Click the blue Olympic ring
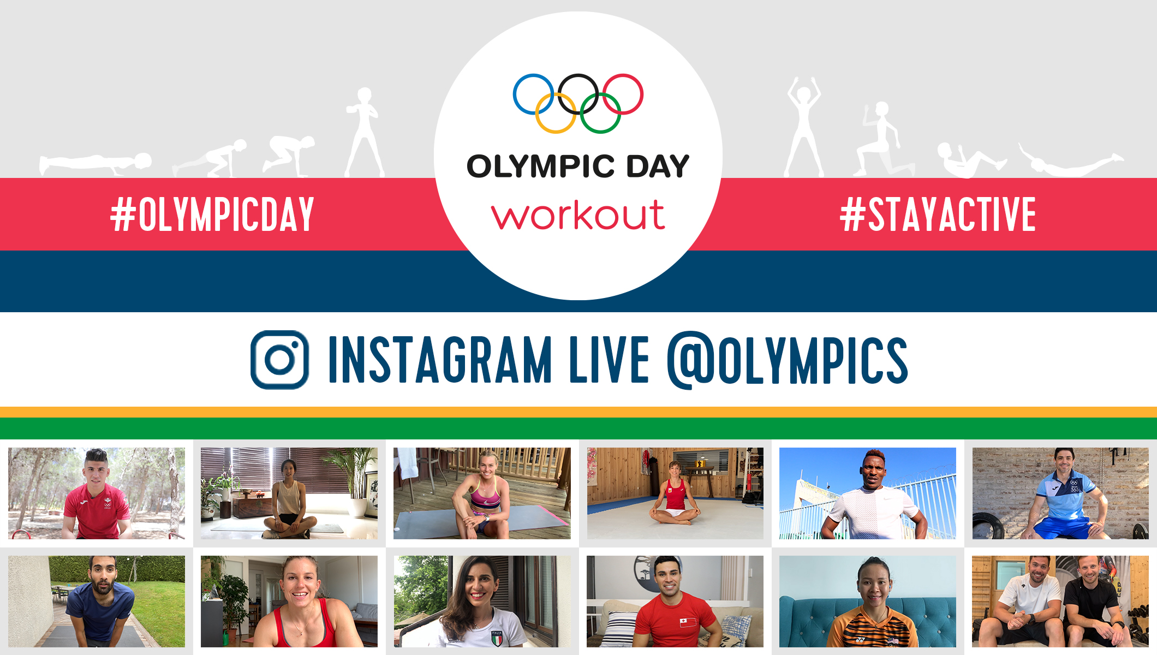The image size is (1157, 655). point(514,94)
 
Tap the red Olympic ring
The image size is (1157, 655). point(642,94)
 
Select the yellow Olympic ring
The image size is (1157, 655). point(537,113)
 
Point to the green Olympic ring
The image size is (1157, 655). point(619,113)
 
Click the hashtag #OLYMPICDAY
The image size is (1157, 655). point(212,215)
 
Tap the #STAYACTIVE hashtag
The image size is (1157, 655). point(938,215)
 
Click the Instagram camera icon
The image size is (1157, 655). point(279,360)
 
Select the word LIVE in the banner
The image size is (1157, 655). point(609,360)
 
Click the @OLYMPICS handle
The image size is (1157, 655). point(788,360)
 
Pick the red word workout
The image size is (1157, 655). point(578,215)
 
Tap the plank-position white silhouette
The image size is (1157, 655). point(96,164)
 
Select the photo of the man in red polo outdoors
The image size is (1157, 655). point(97,493)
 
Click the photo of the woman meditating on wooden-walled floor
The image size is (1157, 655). point(675,493)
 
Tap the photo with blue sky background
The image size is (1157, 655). point(868,493)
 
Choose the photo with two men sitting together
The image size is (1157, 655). point(1060,602)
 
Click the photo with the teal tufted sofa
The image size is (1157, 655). point(868,602)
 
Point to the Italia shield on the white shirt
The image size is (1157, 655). point(497,638)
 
